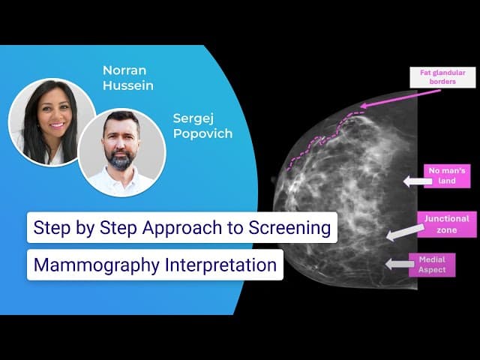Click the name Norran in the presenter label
coord(124,70)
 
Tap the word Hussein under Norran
coord(128,85)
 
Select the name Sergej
coord(193,119)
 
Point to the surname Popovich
coord(203,133)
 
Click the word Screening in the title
coord(289,228)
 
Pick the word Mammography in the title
coord(97,265)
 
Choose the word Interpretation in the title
coord(220,265)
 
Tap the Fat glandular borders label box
coord(442,77)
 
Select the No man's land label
coord(447,175)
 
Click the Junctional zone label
coord(447,224)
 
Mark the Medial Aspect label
coord(432,265)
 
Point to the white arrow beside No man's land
coord(418,181)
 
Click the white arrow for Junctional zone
coord(405,232)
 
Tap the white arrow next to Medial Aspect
coord(400,264)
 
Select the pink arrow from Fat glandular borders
coord(400,98)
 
